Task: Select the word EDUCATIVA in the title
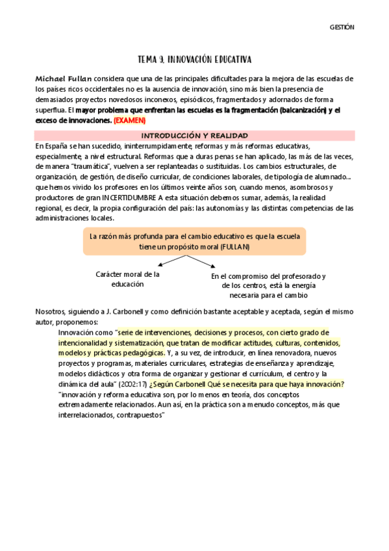[x=229, y=59]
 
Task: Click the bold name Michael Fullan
[x=64, y=78]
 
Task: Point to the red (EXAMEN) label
[x=130, y=121]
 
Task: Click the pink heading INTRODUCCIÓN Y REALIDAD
[x=194, y=135]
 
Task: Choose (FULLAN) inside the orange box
[x=232, y=248]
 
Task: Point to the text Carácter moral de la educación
[x=127, y=279]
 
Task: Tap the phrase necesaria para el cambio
[x=269, y=294]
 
